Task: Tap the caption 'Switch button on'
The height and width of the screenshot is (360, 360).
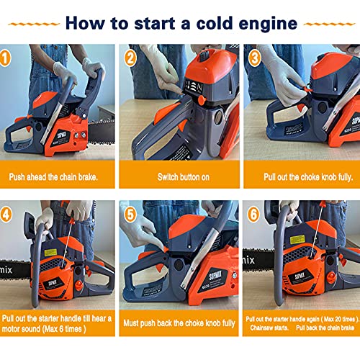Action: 179,176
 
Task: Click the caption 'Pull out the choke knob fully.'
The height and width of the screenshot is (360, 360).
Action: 302,176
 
